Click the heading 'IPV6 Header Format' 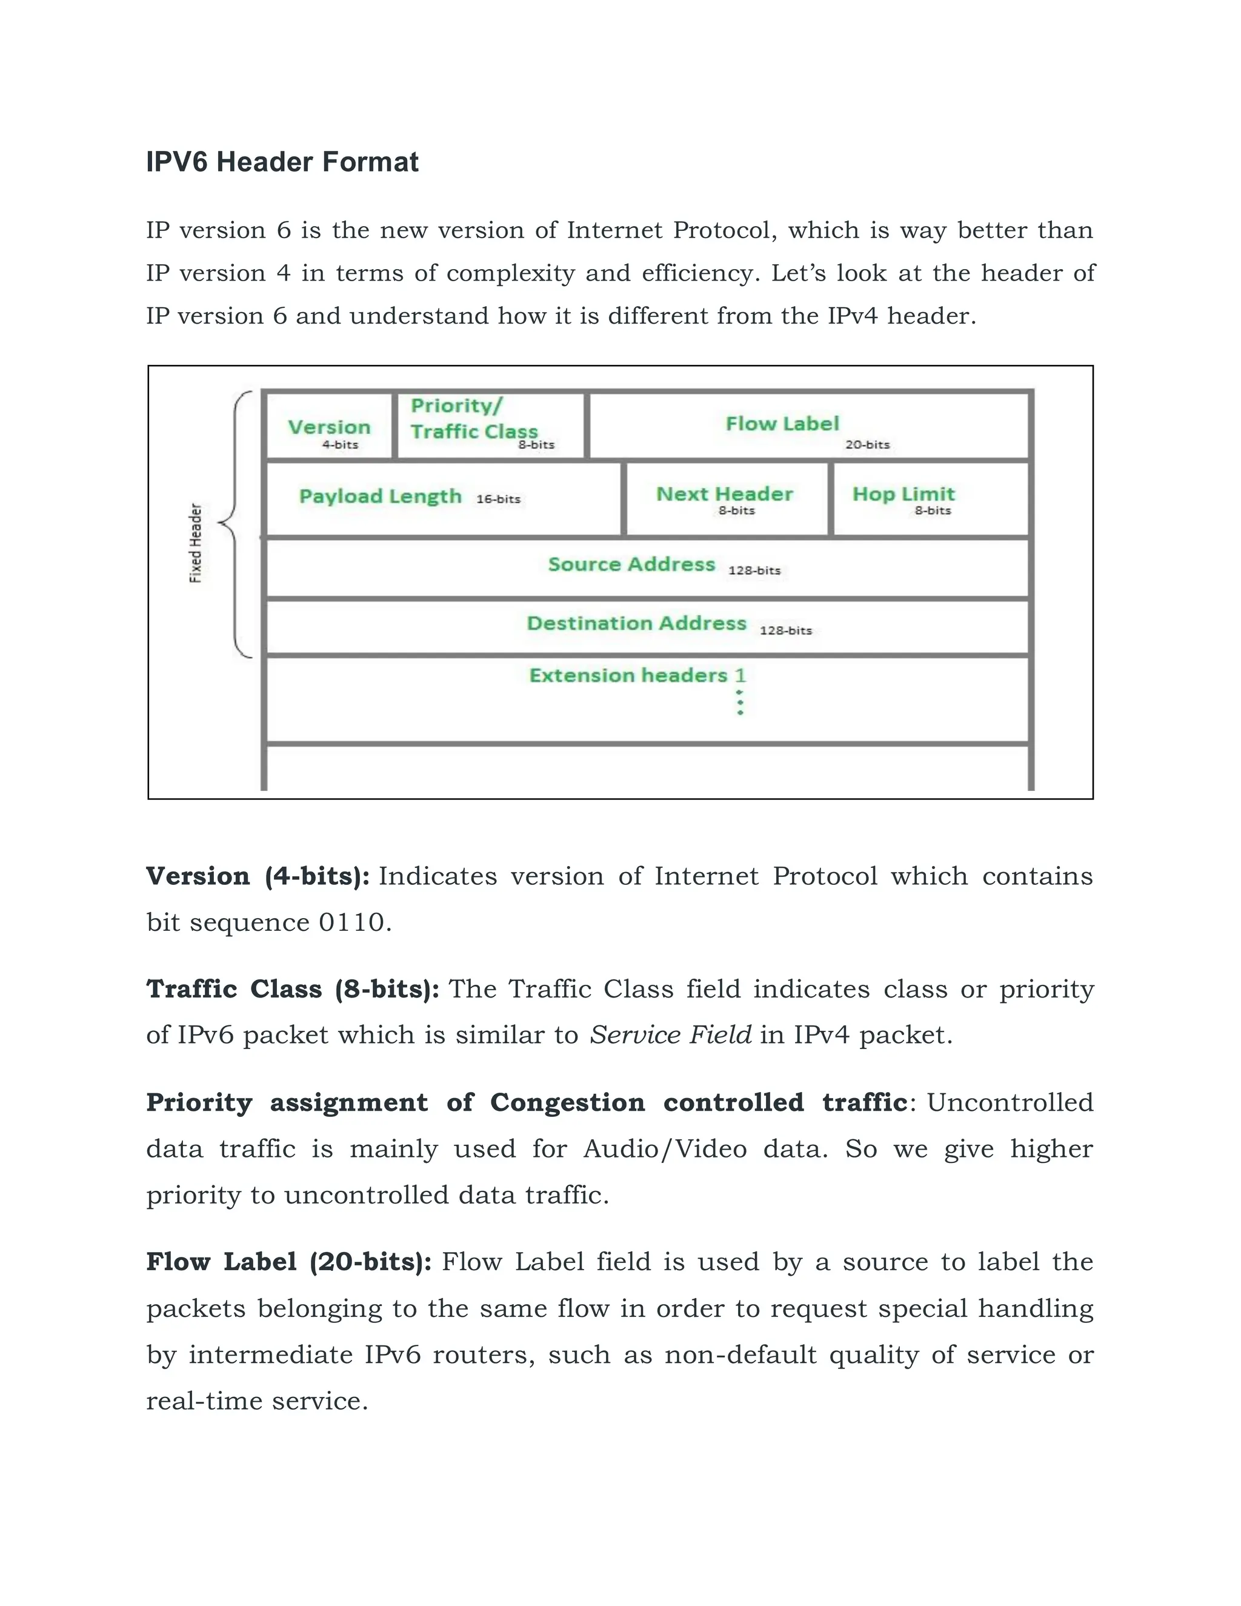click(282, 162)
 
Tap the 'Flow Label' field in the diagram click(782, 424)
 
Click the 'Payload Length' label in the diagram click(380, 496)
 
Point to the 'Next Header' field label click(724, 493)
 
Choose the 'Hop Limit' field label click(903, 493)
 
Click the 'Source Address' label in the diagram click(631, 564)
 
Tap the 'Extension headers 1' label click(637, 675)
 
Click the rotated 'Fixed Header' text click(196, 542)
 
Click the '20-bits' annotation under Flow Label click(868, 445)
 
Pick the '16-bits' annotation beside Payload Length click(499, 499)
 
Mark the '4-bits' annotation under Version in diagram click(341, 445)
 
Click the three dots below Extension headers click(740, 702)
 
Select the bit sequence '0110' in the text click(351, 922)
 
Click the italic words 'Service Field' click(671, 1035)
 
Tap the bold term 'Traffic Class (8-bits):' click(293, 989)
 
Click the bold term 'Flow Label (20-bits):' click(289, 1262)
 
